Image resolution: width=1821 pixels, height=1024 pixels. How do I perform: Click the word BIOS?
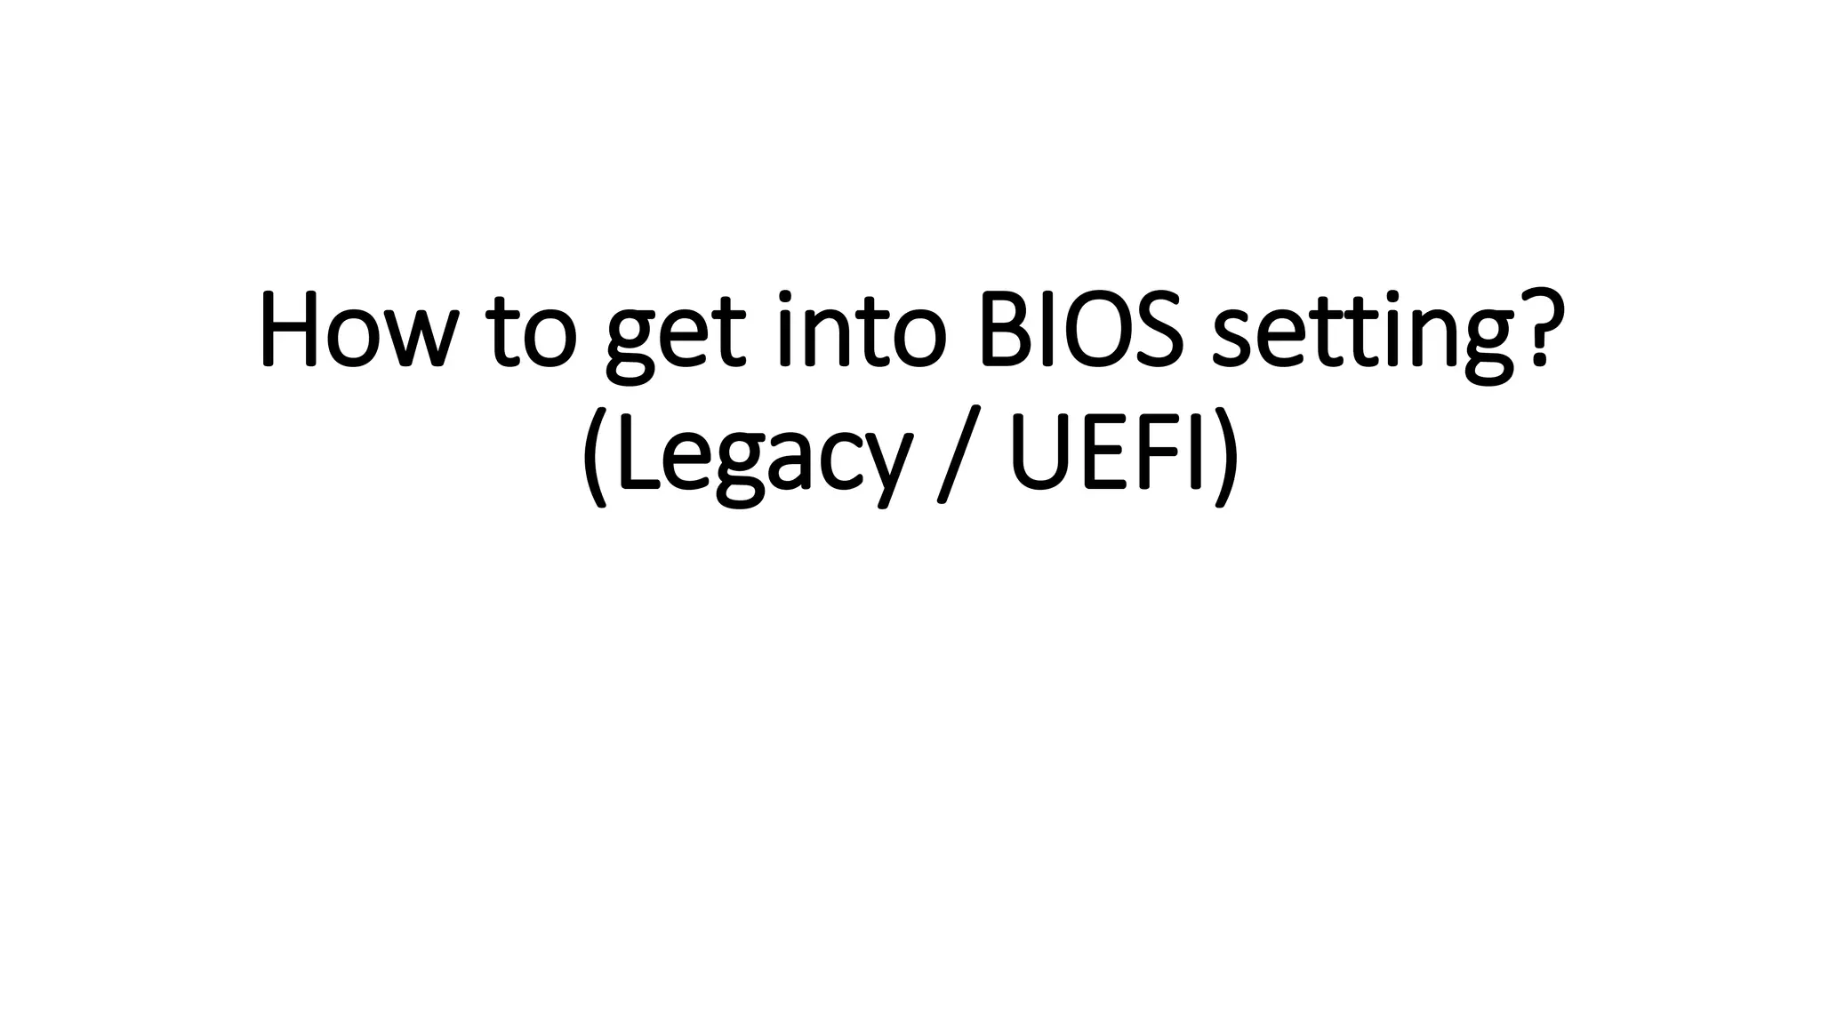tap(1081, 330)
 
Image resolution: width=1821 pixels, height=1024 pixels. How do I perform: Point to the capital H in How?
tap(288, 331)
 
